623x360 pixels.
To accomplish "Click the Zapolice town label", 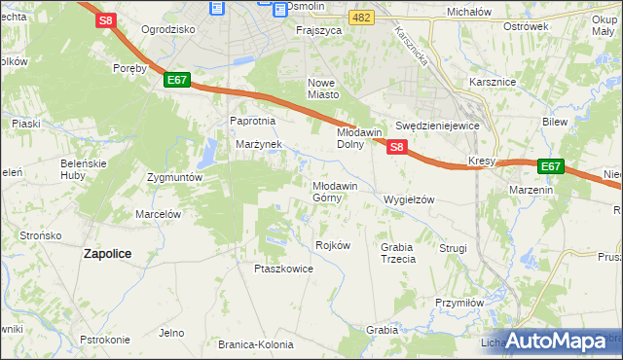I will [107, 253].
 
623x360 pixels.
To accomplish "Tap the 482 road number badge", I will [362, 18].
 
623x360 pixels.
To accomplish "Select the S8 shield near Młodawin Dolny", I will [396, 147].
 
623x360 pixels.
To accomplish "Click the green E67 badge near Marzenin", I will [550, 166].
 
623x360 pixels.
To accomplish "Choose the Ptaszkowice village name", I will [283, 269].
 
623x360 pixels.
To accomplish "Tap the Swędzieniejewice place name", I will [438, 126].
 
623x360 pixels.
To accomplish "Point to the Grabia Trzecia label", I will [398, 253].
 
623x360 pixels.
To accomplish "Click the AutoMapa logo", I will [556, 341].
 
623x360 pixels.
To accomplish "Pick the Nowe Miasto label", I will [323, 89].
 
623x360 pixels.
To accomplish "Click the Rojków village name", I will [333, 245].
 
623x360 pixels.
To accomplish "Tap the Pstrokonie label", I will [105, 340].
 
